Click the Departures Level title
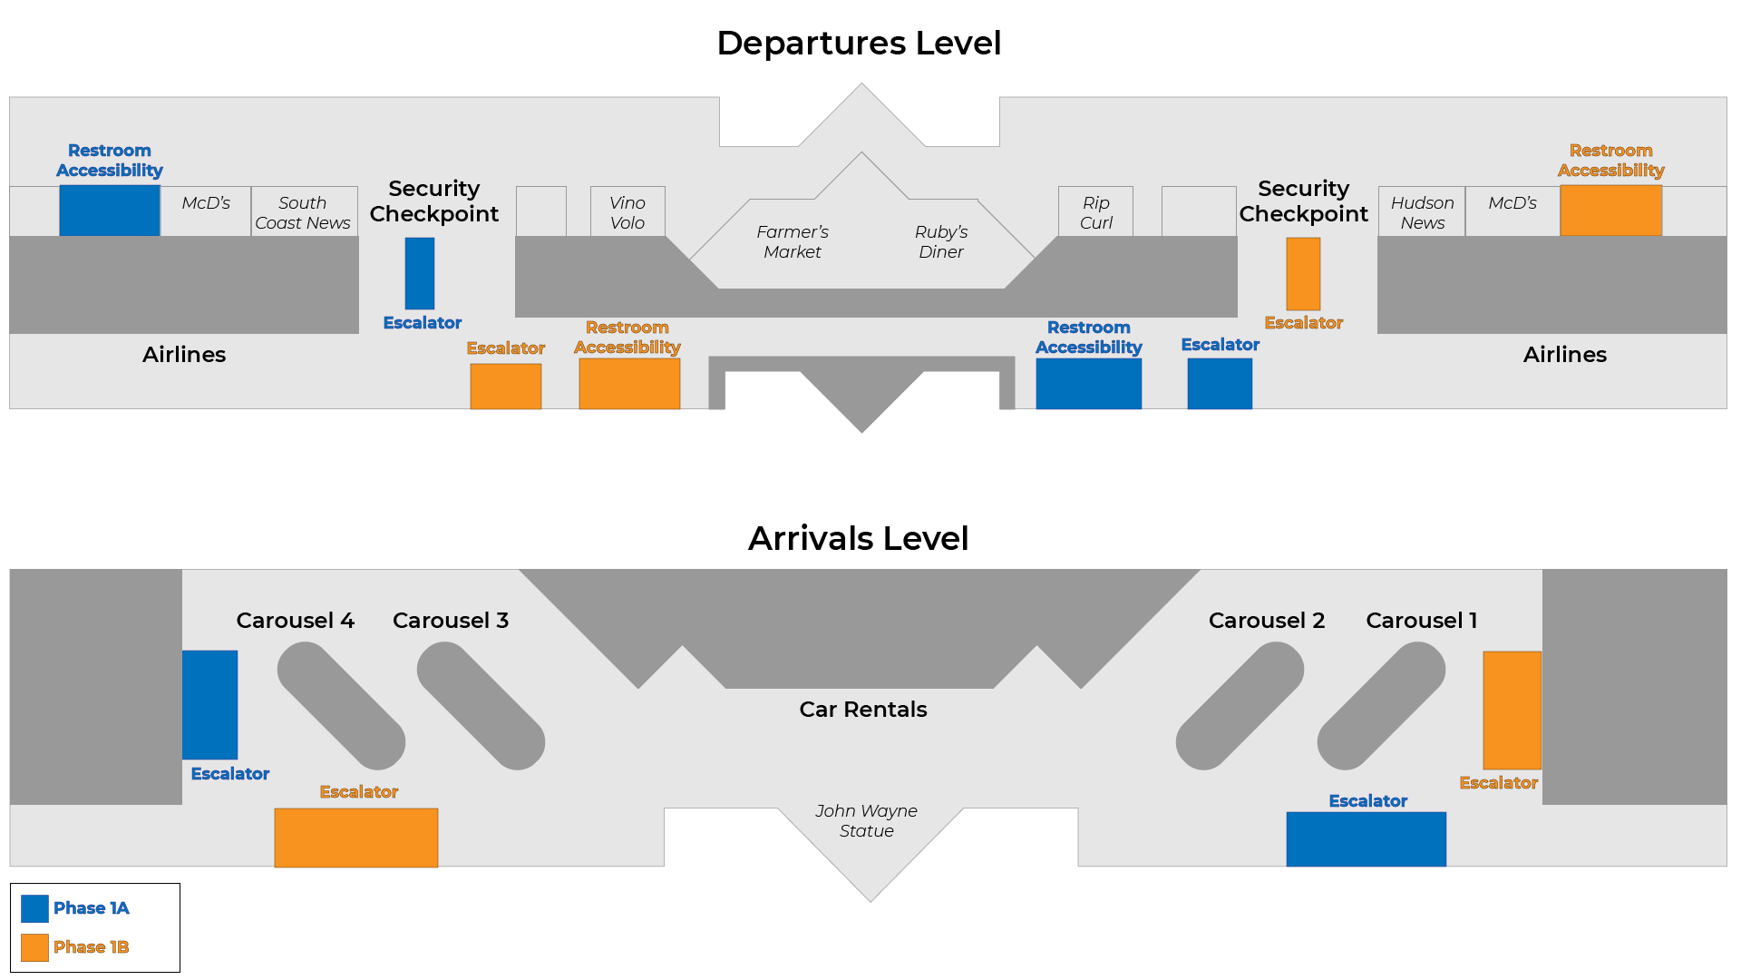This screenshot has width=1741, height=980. click(858, 43)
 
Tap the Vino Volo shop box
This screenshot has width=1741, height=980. click(627, 212)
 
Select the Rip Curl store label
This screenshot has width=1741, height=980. click(1095, 212)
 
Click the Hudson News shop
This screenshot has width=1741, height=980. click(1421, 212)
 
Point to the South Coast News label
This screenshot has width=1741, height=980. click(302, 212)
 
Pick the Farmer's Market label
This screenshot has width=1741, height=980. click(792, 241)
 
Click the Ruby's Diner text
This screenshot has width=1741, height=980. click(940, 241)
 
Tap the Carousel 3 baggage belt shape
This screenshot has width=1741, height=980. click(481, 706)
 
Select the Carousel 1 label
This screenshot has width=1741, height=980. click(1421, 620)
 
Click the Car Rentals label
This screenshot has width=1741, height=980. click(862, 709)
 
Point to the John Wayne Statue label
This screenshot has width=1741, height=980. click(866, 820)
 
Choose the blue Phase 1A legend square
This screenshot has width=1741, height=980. click(34, 908)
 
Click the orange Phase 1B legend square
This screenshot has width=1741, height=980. click(34, 947)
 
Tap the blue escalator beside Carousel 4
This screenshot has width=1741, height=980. click(209, 704)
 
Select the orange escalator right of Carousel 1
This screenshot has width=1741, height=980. click(1512, 710)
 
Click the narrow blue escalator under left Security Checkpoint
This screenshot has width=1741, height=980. click(419, 273)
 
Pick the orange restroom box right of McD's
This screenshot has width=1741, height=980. click(1610, 211)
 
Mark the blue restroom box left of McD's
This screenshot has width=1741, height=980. click(109, 211)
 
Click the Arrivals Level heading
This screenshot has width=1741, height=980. click(858, 538)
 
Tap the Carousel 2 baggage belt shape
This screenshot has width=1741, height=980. click(1240, 706)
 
